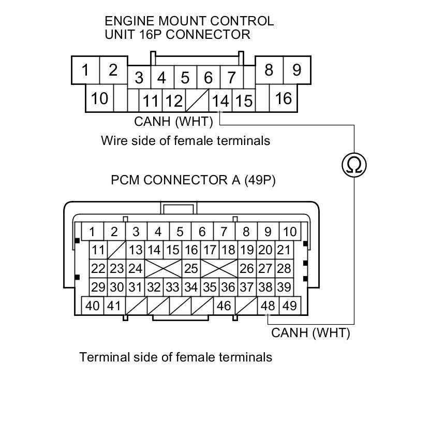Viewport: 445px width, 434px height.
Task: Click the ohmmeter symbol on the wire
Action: pos(354,165)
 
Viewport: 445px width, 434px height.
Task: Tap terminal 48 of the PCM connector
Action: pos(268,306)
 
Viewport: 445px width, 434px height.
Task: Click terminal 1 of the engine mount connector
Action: pos(85,69)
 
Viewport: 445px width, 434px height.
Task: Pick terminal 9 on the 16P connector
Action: pos(296,69)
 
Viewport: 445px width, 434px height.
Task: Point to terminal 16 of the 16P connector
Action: pos(284,98)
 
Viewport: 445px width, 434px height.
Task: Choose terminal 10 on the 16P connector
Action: pos(99,98)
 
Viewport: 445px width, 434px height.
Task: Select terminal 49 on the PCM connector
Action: pos(290,306)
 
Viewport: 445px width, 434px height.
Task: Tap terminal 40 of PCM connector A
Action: pos(93,306)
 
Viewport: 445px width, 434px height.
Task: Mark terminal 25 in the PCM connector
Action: pos(191,268)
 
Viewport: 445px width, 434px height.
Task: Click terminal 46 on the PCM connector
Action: pos(224,306)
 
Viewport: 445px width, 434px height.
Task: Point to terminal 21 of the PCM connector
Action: pos(284,250)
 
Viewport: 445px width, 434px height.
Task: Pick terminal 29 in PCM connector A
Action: pos(98,286)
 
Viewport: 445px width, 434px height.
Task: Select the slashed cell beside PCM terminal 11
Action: pos(116,250)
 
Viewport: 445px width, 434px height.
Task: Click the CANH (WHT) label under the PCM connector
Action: pos(310,333)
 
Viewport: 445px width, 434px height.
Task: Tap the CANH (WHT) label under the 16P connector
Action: pos(173,122)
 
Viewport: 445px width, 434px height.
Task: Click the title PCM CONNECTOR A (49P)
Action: pos(193,180)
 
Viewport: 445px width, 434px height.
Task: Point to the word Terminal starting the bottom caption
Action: pos(101,357)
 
